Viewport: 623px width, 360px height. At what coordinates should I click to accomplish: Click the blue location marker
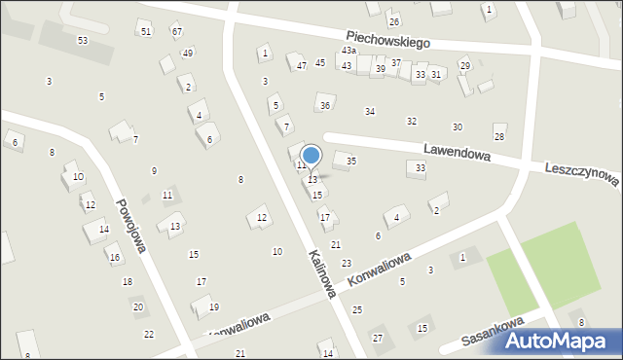click(x=311, y=156)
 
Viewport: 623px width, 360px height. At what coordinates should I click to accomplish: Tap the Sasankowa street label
click(x=494, y=331)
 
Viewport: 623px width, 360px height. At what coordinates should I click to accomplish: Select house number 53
click(x=83, y=40)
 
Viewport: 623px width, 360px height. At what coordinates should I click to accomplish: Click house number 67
click(x=176, y=32)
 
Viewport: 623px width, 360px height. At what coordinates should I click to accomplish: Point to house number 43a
click(x=348, y=50)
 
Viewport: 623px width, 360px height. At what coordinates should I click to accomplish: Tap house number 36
click(x=325, y=105)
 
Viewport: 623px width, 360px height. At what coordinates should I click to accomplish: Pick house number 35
click(x=351, y=161)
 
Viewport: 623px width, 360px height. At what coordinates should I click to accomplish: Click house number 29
click(x=464, y=65)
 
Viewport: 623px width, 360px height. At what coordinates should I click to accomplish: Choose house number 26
click(x=393, y=21)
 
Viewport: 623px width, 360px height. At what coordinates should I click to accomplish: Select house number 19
click(x=214, y=307)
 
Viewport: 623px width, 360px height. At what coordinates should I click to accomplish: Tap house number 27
click(x=378, y=338)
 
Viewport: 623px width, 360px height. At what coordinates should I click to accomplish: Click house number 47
click(x=302, y=65)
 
